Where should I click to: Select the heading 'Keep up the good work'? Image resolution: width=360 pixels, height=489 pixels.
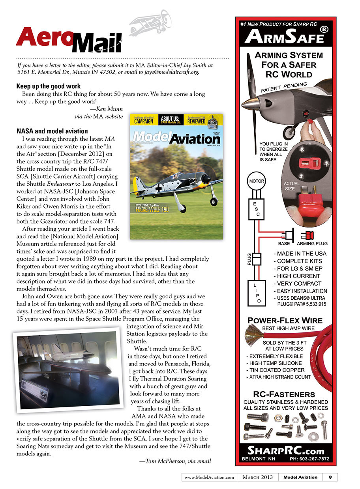pyautogui.click(x=49, y=86)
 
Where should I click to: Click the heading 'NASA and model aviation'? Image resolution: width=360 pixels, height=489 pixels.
pyautogui.click(x=52, y=131)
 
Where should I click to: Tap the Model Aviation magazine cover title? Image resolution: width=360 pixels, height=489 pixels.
pyautogui.click(x=176, y=138)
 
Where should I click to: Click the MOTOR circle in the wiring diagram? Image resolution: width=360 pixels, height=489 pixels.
pyautogui.click(x=256, y=181)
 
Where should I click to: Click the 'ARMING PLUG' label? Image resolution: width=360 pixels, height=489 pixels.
pyautogui.click(x=312, y=244)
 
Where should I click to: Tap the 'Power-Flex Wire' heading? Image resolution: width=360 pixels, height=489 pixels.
pyautogui.click(x=285, y=320)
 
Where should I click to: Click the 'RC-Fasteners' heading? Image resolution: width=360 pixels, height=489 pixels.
pyautogui.click(x=284, y=394)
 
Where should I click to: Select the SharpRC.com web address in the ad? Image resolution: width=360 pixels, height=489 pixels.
pyautogui.click(x=285, y=451)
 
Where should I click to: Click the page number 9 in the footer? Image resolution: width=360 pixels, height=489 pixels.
pyautogui.click(x=330, y=477)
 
